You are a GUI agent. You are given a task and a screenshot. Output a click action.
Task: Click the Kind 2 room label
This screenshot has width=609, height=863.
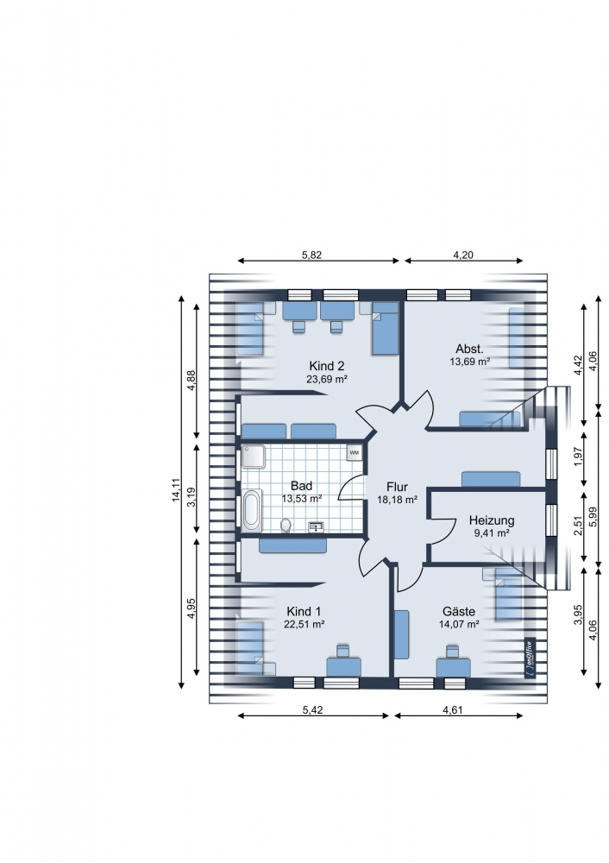[x=327, y=366]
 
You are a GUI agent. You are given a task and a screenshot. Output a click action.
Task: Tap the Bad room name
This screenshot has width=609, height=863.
[x=301, y=486]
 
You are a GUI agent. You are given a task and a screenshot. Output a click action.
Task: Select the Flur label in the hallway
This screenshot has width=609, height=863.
[x=397, y=487]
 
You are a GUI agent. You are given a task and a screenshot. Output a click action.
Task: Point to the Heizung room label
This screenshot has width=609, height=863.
[x=492, y=520]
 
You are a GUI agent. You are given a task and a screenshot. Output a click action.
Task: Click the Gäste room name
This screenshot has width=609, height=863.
[x=459, y=612]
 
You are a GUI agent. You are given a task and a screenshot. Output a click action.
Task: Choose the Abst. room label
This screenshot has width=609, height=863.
[x=470, y=349]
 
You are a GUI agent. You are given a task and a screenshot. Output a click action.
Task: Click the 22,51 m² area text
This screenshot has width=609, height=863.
[x=304, y=624]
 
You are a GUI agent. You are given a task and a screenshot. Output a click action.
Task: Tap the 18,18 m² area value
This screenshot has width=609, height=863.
[x=397, y=500]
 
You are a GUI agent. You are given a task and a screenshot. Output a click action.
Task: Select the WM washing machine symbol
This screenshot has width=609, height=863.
[x=354, y=452]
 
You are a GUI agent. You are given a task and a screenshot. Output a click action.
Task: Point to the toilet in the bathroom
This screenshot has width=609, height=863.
[x=286, y=526]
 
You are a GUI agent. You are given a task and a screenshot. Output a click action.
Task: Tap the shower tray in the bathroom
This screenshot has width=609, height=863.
[x=253, y=457]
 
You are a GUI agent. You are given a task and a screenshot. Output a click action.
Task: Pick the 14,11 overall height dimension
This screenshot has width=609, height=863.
[x=176, y=490]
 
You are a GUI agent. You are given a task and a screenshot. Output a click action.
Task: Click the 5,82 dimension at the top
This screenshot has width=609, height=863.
[x=312, y=255]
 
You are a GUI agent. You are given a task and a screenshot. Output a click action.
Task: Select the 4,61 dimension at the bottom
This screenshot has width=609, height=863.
[x=453, y=709]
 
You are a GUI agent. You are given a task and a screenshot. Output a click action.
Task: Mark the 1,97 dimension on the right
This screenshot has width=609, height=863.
[x=577, y=457]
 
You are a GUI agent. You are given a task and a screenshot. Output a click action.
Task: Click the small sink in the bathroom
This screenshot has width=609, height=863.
[x=317, y=527]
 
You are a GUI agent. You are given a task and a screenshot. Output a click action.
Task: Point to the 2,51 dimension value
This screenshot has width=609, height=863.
[x=577, y=526]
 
